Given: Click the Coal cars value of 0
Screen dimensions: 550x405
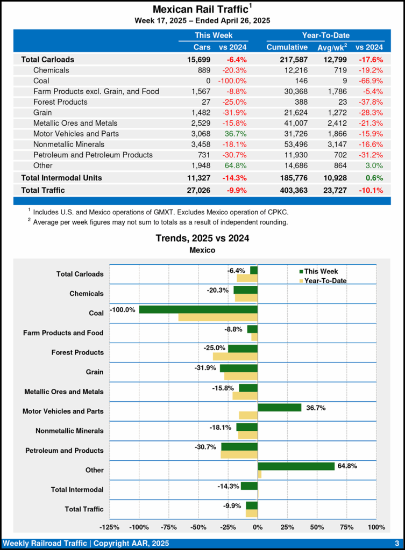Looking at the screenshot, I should point(208,81).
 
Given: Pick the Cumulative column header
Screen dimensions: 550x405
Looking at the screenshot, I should point(287,47).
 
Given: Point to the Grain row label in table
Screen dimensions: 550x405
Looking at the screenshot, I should point(44,112).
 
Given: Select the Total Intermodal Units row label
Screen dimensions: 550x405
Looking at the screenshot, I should point(61,177).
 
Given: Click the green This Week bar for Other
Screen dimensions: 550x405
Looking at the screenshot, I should point(296,466).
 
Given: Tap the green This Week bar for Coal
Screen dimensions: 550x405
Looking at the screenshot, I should point(198,309).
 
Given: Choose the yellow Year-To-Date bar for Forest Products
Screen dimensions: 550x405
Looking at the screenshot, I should point(235,357).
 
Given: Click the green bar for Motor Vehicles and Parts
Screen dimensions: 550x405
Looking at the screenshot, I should point(279,408).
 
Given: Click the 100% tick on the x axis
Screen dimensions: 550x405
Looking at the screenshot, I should point(376,526).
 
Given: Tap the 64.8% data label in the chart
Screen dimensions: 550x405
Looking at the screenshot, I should point(347,466).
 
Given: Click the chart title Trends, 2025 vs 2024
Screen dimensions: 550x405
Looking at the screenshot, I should point(202,238).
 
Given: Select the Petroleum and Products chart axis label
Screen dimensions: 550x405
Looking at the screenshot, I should point(64,451).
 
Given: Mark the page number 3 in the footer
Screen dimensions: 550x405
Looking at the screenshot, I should point(396,543).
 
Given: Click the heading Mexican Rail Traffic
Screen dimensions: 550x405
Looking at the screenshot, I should point(201,10).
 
